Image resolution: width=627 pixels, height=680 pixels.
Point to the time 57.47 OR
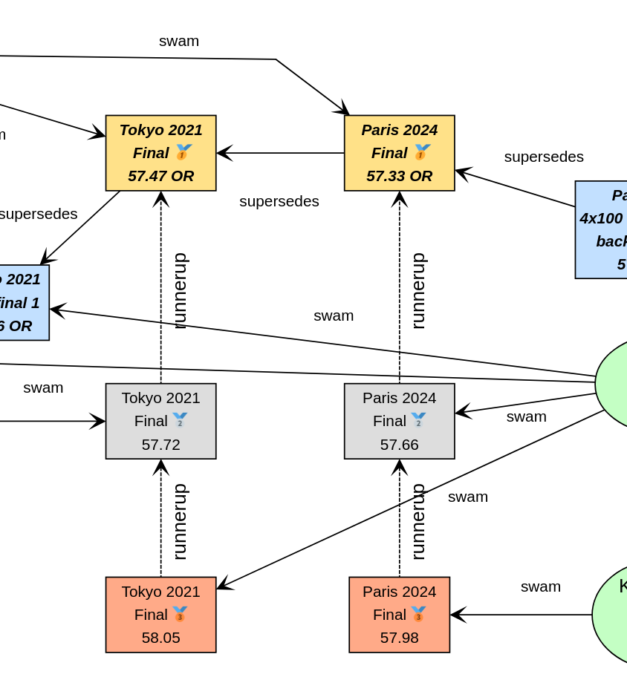(x=160, y=176)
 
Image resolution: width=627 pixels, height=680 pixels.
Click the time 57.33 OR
(x=399, y=176)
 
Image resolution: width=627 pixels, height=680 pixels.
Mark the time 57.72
(x=160, y=445)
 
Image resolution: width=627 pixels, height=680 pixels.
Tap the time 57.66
(x=399, y=445)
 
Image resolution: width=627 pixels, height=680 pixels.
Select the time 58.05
(x=160, y=638)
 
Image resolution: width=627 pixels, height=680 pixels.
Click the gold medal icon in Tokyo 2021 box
(x=183, y=152)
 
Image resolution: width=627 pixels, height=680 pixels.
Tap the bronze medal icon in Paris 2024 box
(x=418, y=615)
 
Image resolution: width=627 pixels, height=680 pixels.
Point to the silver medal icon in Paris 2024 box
(x=418, y=420)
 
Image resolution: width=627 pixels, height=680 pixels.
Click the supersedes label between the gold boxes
(x=279, y=201)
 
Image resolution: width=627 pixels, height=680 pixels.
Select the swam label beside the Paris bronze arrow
(x=540, y=586)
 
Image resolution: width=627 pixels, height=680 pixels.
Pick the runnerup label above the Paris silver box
(x=418, y=290)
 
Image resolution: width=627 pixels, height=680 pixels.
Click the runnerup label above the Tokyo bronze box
(x=179, y=521)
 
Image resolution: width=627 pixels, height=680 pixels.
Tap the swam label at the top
(x=179, y=41)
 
